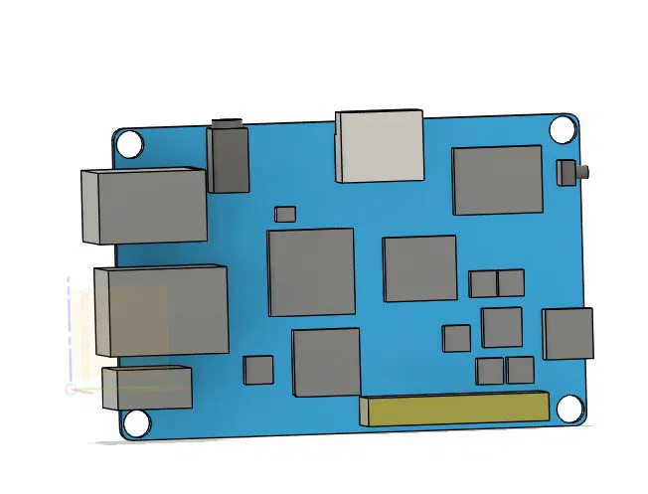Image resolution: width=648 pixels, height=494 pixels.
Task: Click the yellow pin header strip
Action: pos(454,409)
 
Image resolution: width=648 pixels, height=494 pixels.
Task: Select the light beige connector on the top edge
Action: pos(381,146)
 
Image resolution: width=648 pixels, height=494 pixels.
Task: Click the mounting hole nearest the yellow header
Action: pos(568,409)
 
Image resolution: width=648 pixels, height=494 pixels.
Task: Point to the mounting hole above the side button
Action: pos(562,129)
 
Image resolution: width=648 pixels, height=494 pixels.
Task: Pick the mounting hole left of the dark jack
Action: pos(130,144)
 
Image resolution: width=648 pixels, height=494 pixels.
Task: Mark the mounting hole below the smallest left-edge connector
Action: pos(136,424)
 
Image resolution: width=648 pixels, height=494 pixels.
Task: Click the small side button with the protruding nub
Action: pos(569,171)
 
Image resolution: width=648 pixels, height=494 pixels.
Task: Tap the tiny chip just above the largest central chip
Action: pos(285,214)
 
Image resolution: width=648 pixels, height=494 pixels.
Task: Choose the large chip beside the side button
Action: pos(498,180)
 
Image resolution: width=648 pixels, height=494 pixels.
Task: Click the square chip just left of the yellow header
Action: pos(326,363)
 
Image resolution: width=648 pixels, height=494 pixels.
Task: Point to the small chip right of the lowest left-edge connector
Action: pos(258,370)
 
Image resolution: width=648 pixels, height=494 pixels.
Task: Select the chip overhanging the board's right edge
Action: pos(567,334)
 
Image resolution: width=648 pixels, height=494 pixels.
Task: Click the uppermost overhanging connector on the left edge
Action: pos(143,206)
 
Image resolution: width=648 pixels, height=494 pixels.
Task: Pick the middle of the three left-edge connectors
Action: pos(160,309)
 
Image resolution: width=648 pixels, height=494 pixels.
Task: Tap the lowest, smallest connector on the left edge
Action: pos(147,387)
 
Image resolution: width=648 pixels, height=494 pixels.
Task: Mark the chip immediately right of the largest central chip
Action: pos(419,268)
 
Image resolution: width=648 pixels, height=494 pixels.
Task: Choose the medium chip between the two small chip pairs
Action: pos(502,327)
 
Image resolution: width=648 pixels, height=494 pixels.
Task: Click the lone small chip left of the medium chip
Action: pos(457,338)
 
